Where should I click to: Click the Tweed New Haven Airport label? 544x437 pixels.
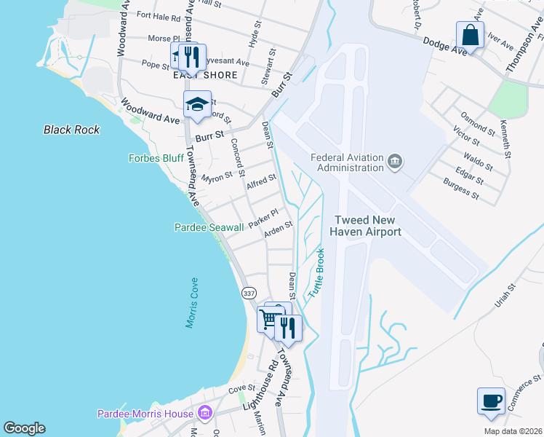point(367,226)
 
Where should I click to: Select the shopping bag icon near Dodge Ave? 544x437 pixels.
point(471,35)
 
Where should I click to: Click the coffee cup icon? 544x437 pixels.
point(491,401)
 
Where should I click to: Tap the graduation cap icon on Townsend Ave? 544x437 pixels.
point(196,104)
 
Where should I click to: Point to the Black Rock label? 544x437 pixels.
point(71,130)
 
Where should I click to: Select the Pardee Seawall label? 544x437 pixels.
point(209,228)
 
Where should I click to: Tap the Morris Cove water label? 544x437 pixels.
point(191,302)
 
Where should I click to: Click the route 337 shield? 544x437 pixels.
point(249,293)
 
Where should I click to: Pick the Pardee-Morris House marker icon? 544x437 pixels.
point(206,414)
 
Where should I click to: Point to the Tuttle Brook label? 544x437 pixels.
point(316,272)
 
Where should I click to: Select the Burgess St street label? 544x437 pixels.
point(461,191)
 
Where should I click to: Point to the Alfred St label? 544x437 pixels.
point(261,181)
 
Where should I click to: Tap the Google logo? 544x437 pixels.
point(24,428)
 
